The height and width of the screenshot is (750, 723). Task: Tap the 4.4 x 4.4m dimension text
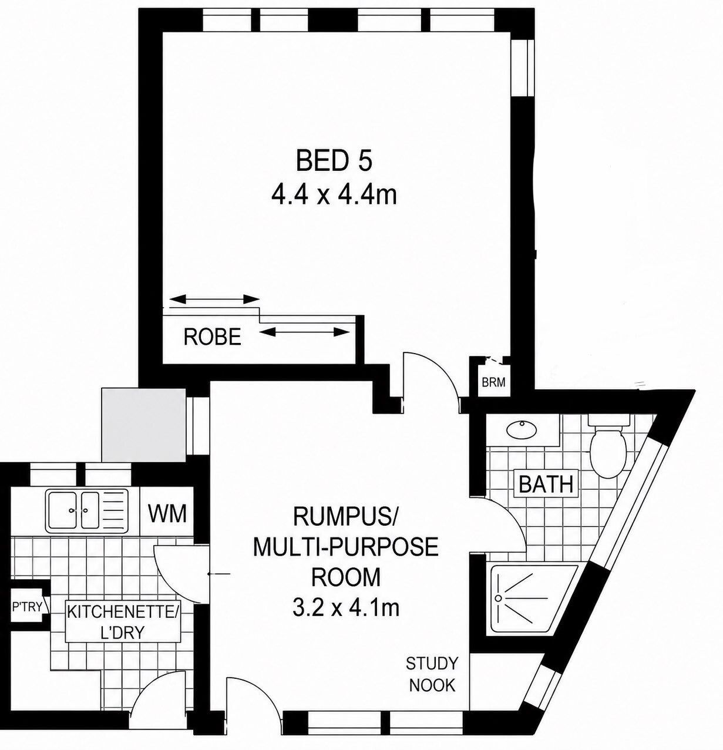(x=334, y=196)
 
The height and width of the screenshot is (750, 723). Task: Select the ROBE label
(x=213, y=337)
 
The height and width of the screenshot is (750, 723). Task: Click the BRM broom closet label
(x=493, y=383)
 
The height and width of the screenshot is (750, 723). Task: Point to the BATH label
(x=546, y=484)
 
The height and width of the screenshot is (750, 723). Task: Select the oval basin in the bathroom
(x=522, y=429)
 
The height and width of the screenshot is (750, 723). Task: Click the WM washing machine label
(x=167, y=513)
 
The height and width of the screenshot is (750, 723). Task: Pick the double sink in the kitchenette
(x=86, y=510)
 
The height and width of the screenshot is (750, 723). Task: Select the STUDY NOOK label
(x=432, y=674)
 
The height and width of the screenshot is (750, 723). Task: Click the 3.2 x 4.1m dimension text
(x=346, y=608)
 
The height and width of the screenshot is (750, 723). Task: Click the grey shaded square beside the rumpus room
(x=143, y=425)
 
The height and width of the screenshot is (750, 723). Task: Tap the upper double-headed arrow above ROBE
(x=214, y=299)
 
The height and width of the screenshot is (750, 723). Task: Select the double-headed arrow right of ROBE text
(x=304, y=331)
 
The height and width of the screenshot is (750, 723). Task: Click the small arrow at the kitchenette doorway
(x=219, y=574)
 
